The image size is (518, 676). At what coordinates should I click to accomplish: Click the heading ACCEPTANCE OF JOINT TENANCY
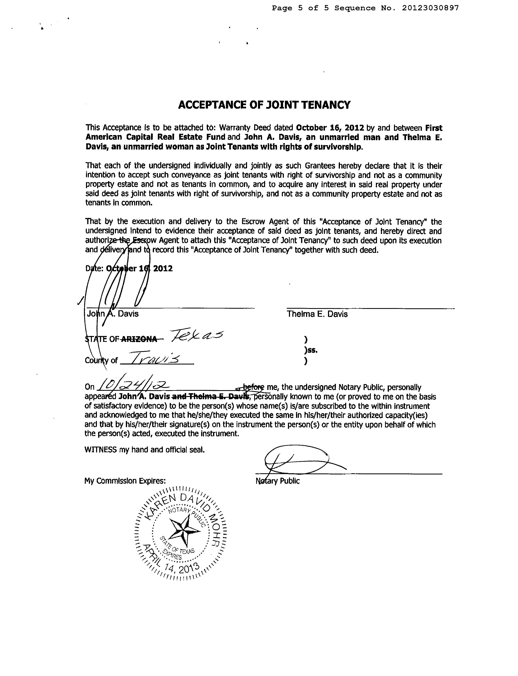[x=264, y=105]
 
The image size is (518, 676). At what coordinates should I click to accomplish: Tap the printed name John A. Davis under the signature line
[x=113, y=314]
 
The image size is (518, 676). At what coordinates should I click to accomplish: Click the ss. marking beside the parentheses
[x=311, y=350]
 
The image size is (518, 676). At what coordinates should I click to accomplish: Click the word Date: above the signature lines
[x=94, y=268]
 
